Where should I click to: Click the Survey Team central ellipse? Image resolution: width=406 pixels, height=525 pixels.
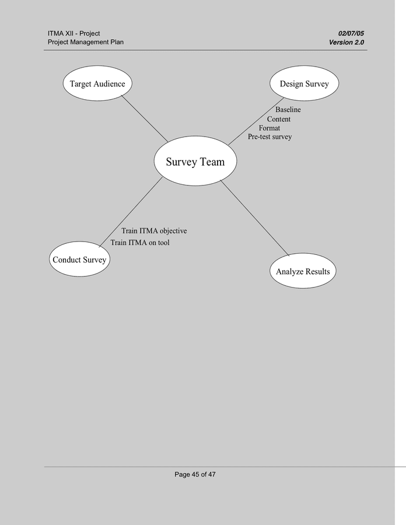(195, 162)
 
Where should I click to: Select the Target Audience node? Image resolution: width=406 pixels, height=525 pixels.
(97, 84)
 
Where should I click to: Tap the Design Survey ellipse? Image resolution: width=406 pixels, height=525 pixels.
(304, 84)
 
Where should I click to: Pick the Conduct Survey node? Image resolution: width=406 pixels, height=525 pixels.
(79, 260)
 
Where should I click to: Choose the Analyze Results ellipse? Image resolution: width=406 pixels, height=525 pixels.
(303, 271)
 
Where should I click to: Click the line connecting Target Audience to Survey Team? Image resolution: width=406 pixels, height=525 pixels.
(145, 118)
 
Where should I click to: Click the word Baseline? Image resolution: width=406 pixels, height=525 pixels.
(288, 110)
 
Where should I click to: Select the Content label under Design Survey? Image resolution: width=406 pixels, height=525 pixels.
(279, 119)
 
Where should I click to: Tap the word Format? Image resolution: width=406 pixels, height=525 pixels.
(269, 128)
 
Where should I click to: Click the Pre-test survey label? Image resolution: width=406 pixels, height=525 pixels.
(269, 136)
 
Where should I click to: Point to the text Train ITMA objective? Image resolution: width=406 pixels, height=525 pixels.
(154, 231)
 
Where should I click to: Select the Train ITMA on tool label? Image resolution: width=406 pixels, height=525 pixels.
(140, 243)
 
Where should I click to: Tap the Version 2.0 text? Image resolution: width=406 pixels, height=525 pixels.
(346, 42)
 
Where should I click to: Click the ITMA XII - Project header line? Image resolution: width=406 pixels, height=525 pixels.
(73, 34)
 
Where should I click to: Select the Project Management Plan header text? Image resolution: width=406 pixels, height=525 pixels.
(85, 42)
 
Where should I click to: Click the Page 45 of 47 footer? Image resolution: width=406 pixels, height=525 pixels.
(195, 475)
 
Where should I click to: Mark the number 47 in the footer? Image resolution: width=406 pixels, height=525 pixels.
(211, 475)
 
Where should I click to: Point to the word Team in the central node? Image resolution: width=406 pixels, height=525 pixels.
(212, 162)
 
